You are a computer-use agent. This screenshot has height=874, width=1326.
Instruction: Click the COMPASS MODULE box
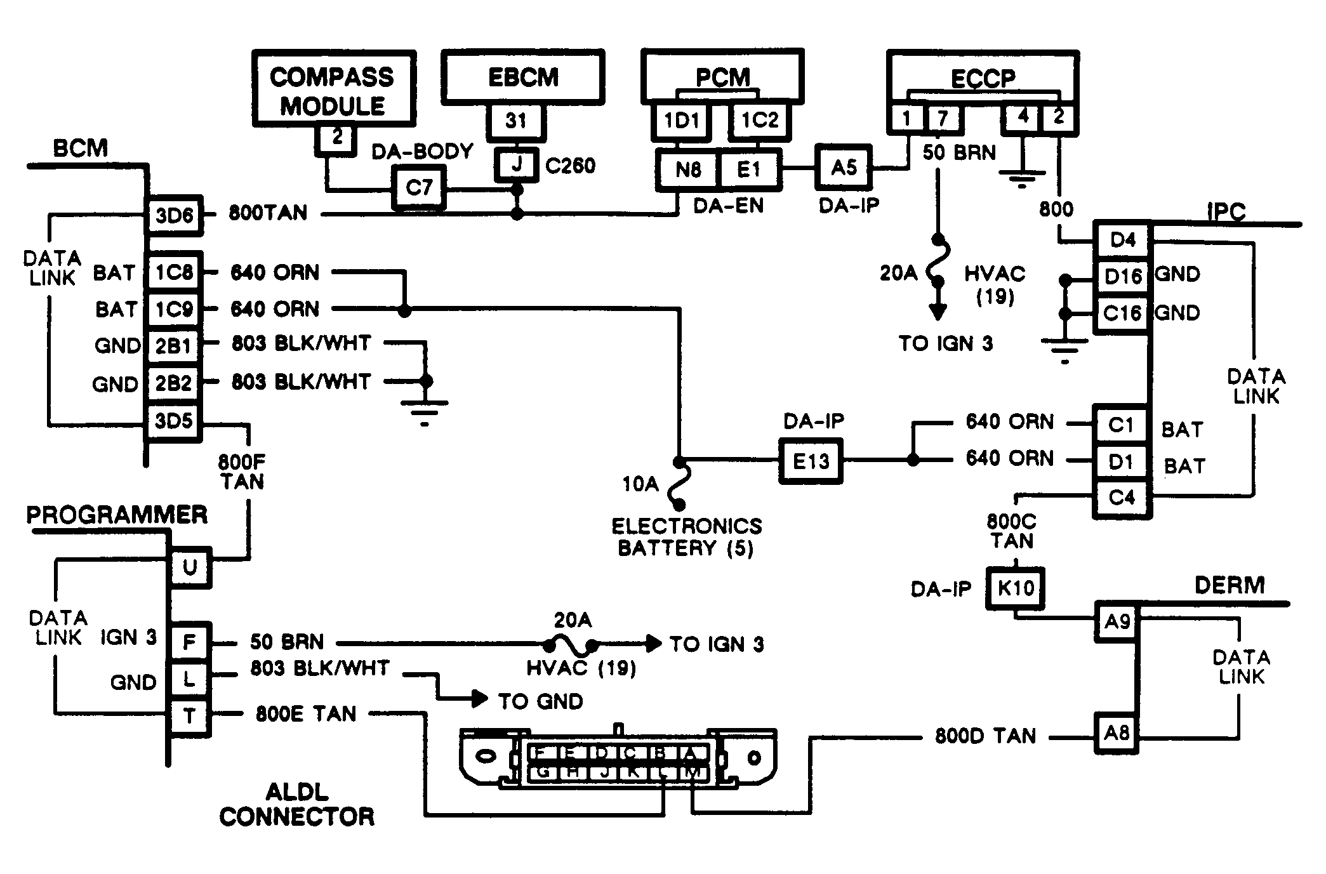[x=333, y=89]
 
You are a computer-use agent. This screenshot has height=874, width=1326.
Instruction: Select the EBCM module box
[x=522, y=77]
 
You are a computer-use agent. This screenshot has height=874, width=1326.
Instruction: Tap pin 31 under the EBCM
[x=515, y=121]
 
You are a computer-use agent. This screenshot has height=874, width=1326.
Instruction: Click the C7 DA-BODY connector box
[x=418, y=188]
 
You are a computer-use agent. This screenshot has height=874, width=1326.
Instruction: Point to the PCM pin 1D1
[x=682, y=121]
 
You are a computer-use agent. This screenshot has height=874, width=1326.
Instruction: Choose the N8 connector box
[x=688, y=169]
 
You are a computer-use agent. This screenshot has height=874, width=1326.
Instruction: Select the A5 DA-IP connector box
[x=844, y=168]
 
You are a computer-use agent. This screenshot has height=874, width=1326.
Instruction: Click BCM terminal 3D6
[x=174, y=215]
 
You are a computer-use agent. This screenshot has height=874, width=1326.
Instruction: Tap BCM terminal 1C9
[x=174, y=309]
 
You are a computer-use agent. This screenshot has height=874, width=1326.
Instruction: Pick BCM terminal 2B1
[x=173, y=346]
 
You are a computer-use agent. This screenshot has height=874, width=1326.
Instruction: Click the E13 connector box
[x=811, y=461]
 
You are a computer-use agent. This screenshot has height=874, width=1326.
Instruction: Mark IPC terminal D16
[x=1122, y=277]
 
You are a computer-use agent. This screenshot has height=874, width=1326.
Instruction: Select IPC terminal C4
[x=1121, y=497]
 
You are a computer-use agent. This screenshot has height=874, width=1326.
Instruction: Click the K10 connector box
[x=1015, y=588]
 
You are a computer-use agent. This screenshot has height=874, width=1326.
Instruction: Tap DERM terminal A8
[x=1117, y=734]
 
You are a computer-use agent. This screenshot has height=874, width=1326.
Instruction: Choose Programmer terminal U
[x=189, y=567]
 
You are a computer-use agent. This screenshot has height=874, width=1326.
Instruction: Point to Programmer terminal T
[x=189, y=717]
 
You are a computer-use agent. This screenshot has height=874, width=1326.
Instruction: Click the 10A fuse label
[x=640, y=484]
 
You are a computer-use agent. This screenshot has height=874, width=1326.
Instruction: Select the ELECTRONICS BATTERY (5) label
[x=686, y=537]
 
